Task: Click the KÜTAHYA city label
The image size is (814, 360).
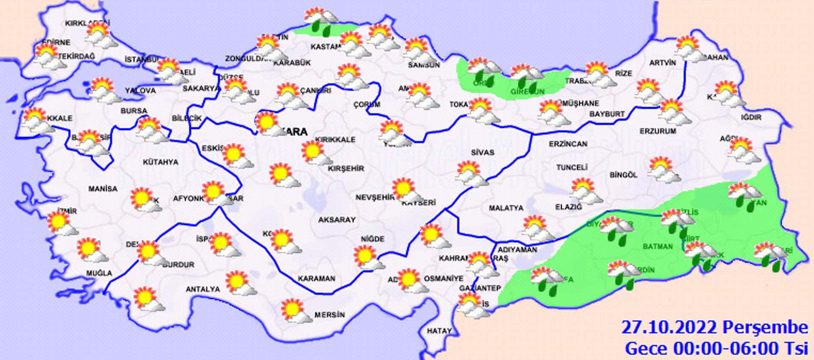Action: [x=160, y=162]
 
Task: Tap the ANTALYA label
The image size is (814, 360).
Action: [x=203, y=289]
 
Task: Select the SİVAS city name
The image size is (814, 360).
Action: [x=482, y=152]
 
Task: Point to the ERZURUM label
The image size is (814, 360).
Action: [x=658, y=131]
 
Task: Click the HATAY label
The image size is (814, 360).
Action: [x=439, y=331]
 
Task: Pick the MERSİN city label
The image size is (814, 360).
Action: [x=329, y=315]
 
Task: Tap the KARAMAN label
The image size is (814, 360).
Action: [x=316, y=279]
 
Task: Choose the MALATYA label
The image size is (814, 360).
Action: [x=506, y=208]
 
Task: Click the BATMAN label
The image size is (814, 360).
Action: [x=658, y=246]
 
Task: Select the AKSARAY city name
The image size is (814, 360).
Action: [x=337, y=220]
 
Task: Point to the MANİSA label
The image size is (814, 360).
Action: [x=103, y=189]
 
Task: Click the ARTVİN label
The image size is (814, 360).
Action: [x=663, y=63]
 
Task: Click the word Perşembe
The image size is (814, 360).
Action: [x=765, y=328]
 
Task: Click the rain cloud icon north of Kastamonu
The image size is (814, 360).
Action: [x=321, y=20]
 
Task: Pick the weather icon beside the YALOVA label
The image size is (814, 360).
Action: [x=103, y=89]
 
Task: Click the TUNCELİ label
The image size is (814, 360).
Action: [x=571, y=167]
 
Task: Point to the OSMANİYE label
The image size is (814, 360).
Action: [x=443, y=279]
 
